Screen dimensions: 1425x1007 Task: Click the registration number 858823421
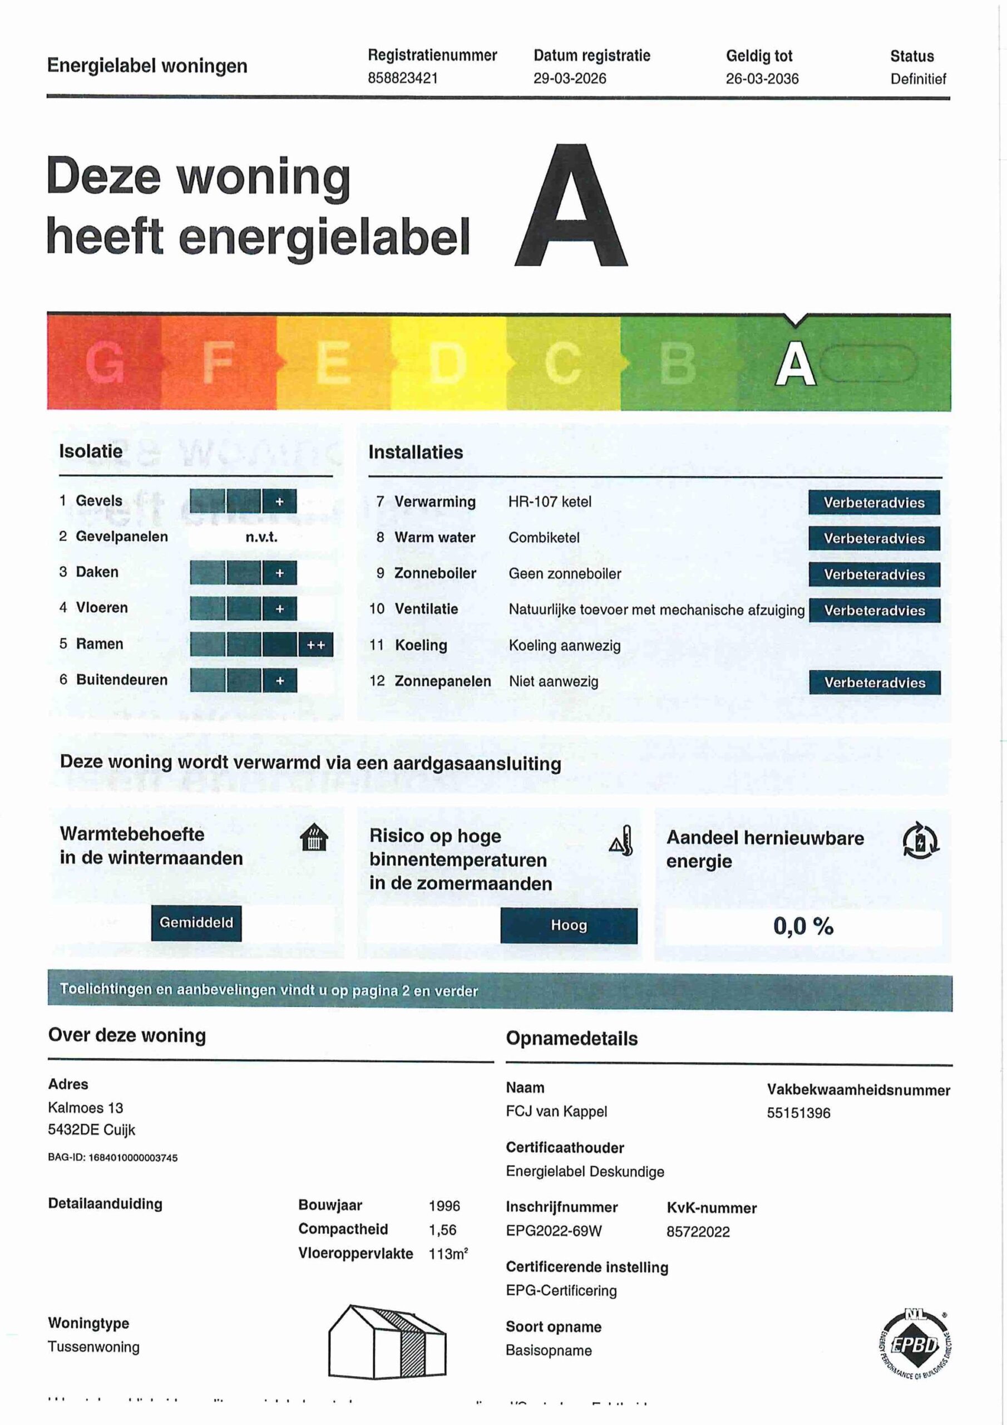(403, 78)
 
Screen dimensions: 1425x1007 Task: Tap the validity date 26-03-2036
(762, 79)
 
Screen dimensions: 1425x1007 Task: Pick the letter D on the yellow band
(448, 363)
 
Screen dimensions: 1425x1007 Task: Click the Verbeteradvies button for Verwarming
(873, 503)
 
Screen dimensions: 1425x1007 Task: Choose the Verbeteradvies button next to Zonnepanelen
(874, 682)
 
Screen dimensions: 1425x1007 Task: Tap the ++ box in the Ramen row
(316, 645)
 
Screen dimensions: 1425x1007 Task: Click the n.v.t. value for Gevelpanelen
(261, 537)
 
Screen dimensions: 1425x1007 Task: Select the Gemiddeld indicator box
(196, 923)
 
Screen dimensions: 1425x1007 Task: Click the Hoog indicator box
(569, 925)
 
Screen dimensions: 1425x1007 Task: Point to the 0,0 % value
(803, 927)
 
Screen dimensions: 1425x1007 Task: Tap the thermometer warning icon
(621, 841)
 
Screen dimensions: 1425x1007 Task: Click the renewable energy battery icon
(920, 841)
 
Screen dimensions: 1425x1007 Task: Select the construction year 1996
(444, 1206)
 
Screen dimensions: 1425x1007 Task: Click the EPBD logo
(916, 1345)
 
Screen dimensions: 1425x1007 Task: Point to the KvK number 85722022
(698, 1232)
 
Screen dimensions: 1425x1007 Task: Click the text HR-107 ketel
(550, 502)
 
